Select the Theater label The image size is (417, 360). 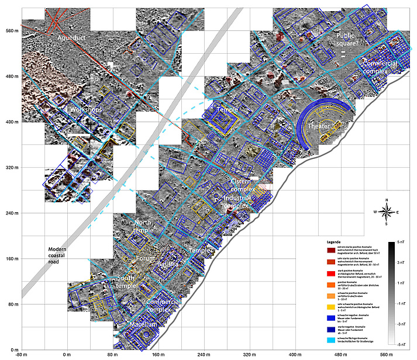coord(319,126)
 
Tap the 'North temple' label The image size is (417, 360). coord(147,226)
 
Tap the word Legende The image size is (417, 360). coord(333,241)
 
